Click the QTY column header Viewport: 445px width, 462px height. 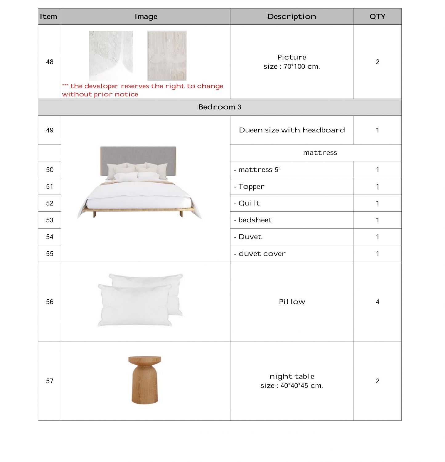click(377, 17)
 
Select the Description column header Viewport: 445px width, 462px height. click(292, 17)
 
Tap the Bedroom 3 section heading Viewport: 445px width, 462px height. click(220, 107)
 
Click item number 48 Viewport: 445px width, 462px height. click(50, 62)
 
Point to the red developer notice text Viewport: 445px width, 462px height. click(142, 90)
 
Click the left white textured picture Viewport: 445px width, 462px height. click(111, 55)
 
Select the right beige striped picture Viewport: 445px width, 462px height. click(167, 55)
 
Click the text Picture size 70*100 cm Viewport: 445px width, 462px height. click(292, 62)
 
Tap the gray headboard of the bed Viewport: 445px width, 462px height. click(138, 156)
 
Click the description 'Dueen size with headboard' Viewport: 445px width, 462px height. click(292, 130)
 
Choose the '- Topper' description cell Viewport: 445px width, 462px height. click(251, 187)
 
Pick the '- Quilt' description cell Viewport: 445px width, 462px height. click(249, 203)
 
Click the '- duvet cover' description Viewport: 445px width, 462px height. click(262, 254)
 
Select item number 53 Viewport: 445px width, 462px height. click(50, 220)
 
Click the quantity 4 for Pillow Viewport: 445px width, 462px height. click(377, 302)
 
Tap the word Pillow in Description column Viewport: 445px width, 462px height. click(292, 302)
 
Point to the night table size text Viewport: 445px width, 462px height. click(292, 386)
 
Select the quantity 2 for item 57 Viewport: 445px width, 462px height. click(377, 381)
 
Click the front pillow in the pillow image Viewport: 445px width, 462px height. click(134, 305)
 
